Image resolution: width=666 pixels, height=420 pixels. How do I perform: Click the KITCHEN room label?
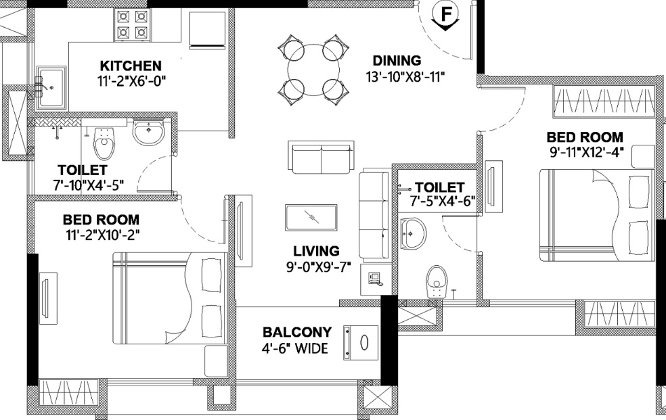131,66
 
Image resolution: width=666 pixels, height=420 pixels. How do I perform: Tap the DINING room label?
397,61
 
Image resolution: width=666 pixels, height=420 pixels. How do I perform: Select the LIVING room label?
312,251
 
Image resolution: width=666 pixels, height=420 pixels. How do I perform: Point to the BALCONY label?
297,333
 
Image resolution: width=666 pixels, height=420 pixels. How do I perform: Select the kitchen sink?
50,87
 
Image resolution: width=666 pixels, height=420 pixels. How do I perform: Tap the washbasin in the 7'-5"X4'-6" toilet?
412,233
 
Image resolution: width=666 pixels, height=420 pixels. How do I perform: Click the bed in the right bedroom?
596,215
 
